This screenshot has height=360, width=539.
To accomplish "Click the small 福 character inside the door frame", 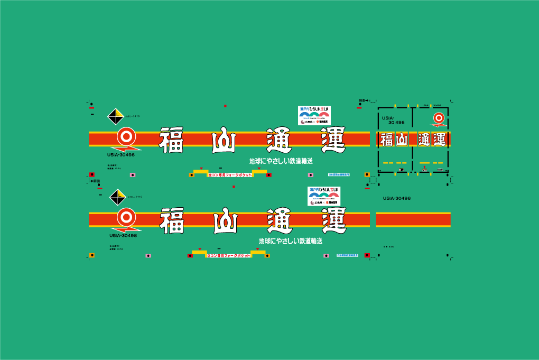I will pyautogui.click(x=386, y=140).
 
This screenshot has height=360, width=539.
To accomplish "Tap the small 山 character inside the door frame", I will pyautogui.click(x=402, y=140).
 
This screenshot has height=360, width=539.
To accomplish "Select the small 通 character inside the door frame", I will pyautogui.click(x=424, y=140).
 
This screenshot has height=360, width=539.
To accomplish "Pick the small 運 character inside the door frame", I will pyautogui.click(x=440, y=140).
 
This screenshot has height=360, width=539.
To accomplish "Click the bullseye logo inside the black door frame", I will pyautogui.click(x=438, y=118).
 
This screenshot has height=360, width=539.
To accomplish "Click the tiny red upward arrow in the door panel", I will pyautogui.click(x=424, y=168).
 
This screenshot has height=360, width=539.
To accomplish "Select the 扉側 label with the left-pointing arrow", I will pyautogui.click(x=95, y=181).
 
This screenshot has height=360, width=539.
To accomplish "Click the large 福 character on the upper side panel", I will pyautogui.click(x=171, y=140).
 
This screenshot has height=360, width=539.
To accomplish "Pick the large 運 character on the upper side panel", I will pyautogui.click(x=333, y=140).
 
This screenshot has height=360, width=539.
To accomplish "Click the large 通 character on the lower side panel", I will pyautogui.click(x=280, y=220).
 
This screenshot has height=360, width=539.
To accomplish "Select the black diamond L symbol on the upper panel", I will pyautogui.click(x=116, y=116).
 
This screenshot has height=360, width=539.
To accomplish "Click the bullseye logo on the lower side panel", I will pyautogui.click(x=126, y=217).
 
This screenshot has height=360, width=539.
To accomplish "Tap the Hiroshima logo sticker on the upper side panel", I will pyautogui.click(x=314, y=115).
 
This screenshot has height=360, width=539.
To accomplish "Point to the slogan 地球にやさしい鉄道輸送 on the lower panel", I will pyautogui.click(x=290, y=241).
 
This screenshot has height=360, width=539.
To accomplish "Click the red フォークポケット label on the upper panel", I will pyautogui.click(x=229, y=174).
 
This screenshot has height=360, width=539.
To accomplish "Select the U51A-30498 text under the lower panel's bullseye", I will pyautogui.click(x=123, y=235).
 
